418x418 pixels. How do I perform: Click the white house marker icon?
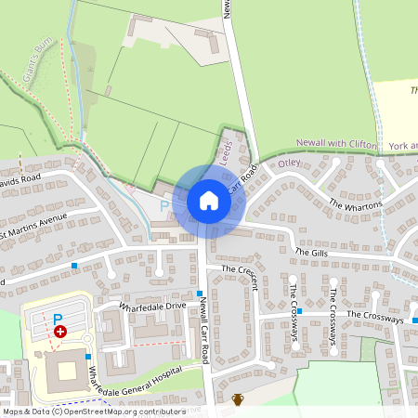pos(209,200)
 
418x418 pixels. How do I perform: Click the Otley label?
pos(290,163)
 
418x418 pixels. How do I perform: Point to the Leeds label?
pos(227,151)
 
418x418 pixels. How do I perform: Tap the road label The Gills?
pos(313,252)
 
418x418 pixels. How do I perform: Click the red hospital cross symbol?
pos(60,331)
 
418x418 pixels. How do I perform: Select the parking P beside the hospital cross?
pos(58,319)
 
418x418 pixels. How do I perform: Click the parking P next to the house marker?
pos(165,205)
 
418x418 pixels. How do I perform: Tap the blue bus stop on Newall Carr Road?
pos(200,294)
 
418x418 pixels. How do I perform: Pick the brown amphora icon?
pos(238,399)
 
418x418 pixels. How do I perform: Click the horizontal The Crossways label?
pos(375,317)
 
